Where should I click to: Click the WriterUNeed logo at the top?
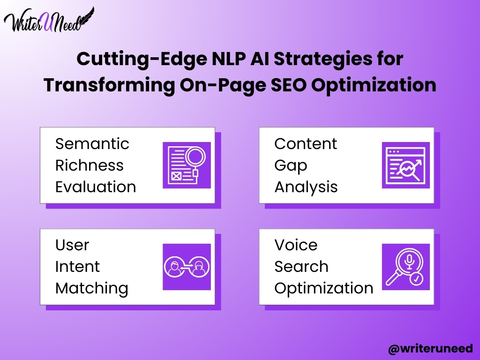coord(49,20)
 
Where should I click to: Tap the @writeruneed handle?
coord(430,349)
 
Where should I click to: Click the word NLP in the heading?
coord(228,58)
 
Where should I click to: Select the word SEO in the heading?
coord(288,84)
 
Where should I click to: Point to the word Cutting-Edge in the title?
coord(142,59)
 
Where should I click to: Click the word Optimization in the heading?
coord(374,85)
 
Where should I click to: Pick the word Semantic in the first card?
coord(92,143)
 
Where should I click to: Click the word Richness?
coord(90,165)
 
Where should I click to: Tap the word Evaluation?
coord(96,187)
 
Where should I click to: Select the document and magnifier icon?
coord(187,165)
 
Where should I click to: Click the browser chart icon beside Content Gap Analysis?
coord(406,165)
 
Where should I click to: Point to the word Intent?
coord(77,267)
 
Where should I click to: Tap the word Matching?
coord(92,289)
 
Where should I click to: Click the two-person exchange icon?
coord(187,267)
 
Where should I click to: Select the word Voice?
coord(296,245)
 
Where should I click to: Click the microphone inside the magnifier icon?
coord(409,262)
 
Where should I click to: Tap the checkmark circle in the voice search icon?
coord(416,278)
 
